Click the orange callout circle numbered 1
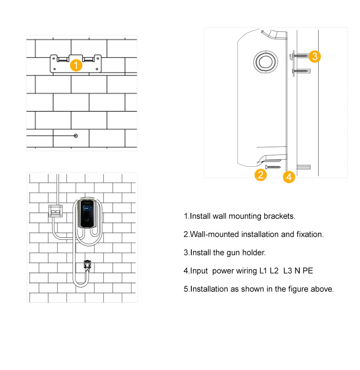(76, 65)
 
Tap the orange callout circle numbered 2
(260, 175)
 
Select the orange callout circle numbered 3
(315, 56)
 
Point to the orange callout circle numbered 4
(289, 177)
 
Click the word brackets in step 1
(280, 216)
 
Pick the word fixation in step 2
(310, 234)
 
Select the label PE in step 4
(308, 271)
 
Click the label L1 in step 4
(263, 271)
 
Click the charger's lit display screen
(87, 209)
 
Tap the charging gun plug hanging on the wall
(87, 266)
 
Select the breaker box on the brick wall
(55, 211)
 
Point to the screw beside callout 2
(273, 167)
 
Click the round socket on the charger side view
(265, 62)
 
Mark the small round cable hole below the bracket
(76, 136)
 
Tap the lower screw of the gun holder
(302, 71)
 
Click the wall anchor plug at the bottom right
(303, 167)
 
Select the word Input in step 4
(199, 271)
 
